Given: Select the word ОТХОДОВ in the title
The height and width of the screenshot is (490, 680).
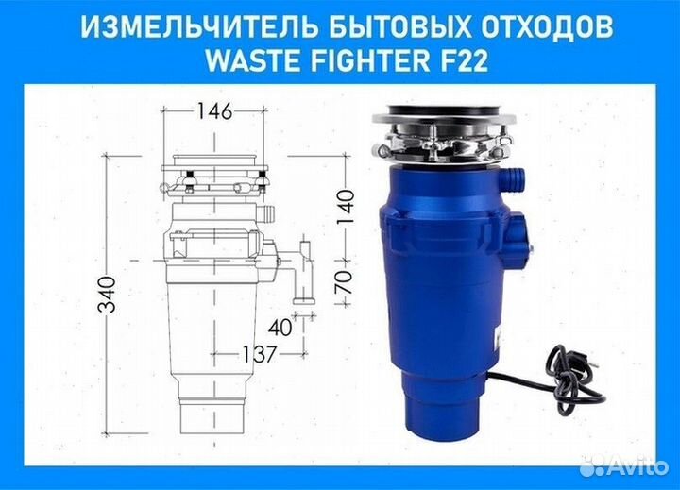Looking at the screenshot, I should [533, 27].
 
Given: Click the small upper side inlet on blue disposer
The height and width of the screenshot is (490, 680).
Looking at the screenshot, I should [514, 176].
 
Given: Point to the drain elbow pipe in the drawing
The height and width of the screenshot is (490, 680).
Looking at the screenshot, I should [304, 274].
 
